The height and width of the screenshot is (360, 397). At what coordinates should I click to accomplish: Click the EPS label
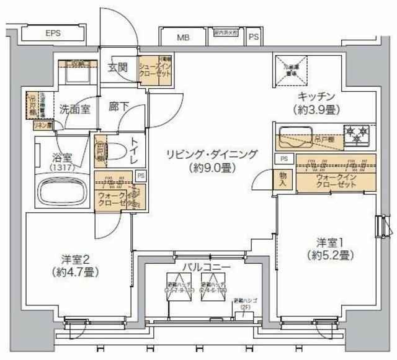point(52,34)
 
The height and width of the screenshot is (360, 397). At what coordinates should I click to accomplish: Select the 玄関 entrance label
point(118,67)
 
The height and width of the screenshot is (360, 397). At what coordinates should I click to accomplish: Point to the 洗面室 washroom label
point(75,109)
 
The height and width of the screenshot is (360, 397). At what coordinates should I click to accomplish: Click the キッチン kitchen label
point(316,97)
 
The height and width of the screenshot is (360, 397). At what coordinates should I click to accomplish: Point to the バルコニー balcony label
point(198,267)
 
